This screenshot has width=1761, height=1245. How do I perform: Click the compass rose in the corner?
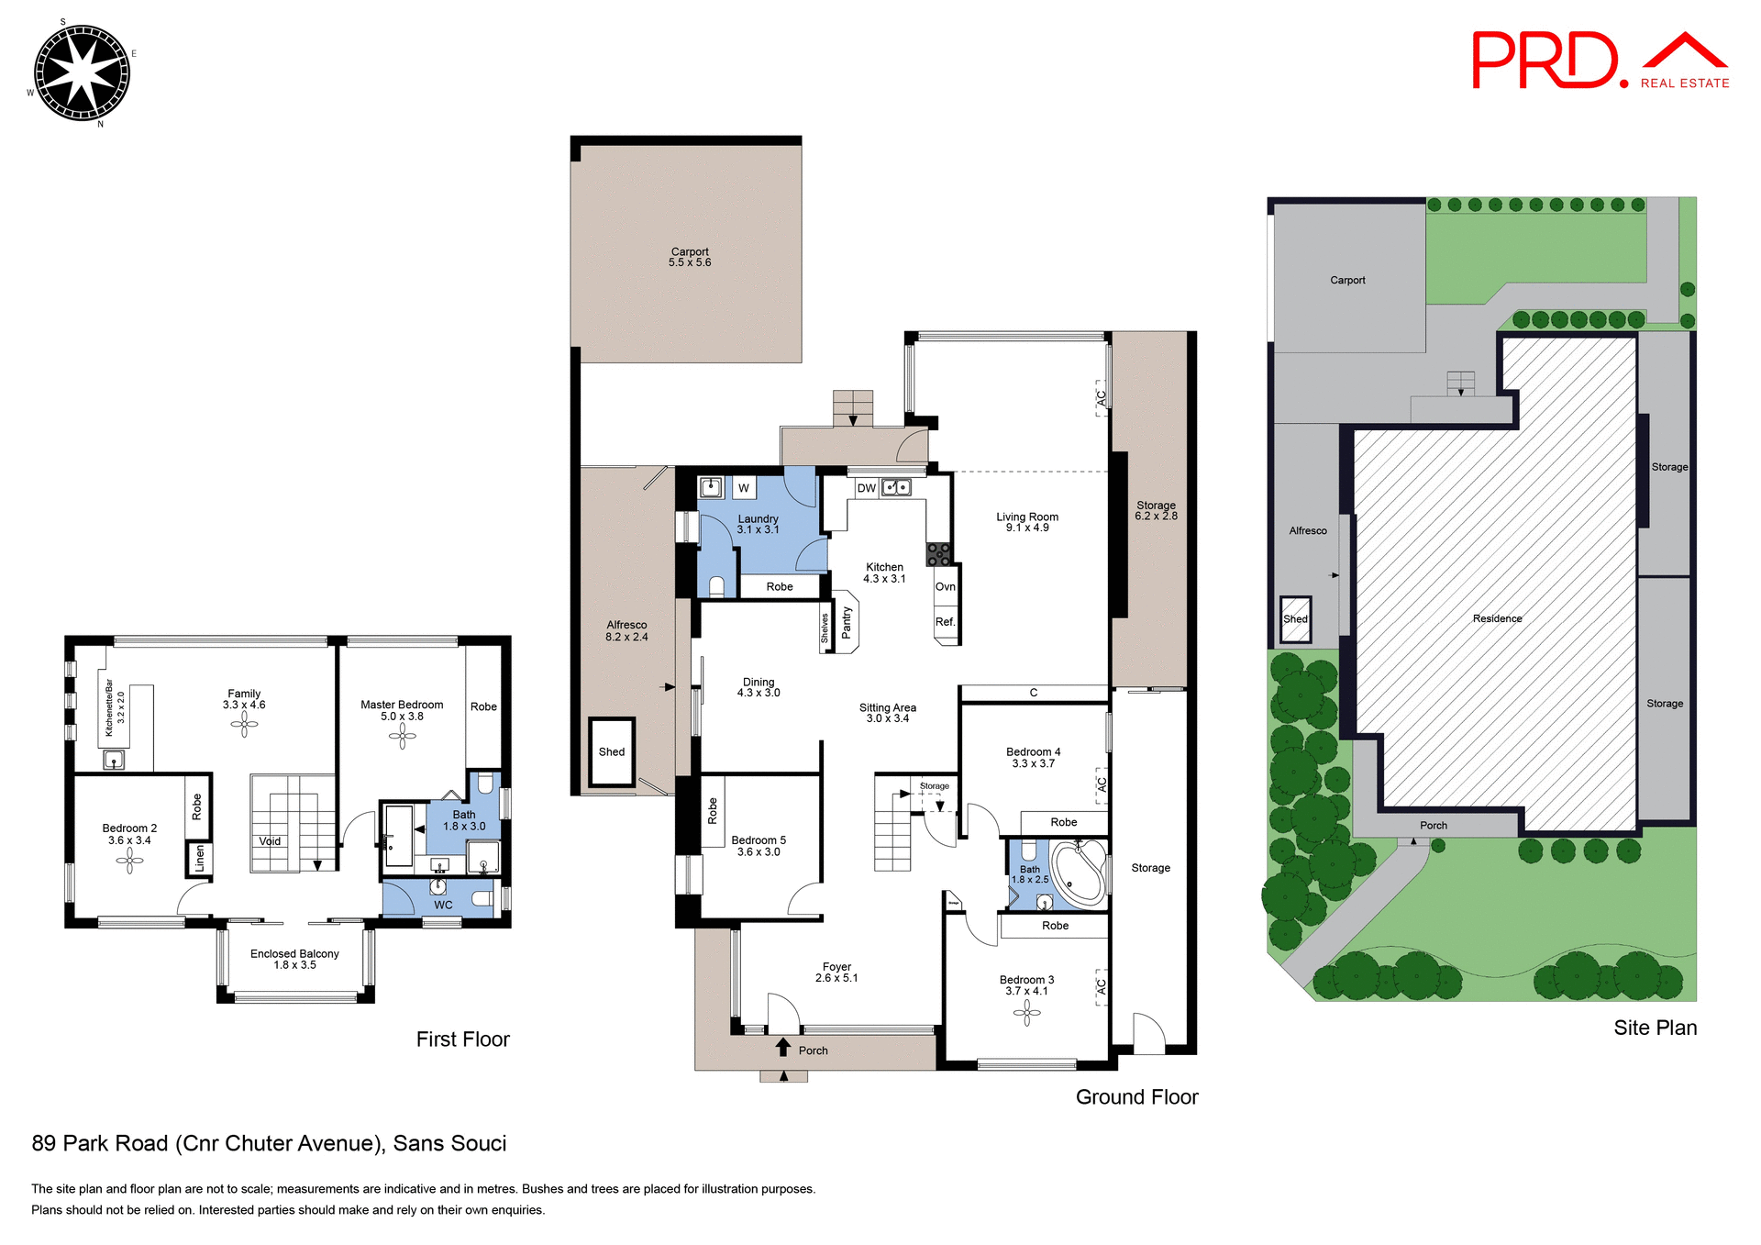click(x=82, y=72)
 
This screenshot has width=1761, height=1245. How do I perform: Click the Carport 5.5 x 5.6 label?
click(x=690, y=257)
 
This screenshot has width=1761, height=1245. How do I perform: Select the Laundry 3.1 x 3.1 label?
click(x=758, y=524)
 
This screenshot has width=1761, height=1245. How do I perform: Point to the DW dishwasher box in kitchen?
click(x=866, y=488)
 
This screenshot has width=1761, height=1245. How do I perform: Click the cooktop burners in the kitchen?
click(x=938, y=553)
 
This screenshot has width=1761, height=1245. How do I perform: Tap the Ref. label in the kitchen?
click(x=945, y=622)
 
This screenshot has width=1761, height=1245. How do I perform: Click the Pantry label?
click(x=847, y=623)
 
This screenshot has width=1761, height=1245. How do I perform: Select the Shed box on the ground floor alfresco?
click(x=612, y=751)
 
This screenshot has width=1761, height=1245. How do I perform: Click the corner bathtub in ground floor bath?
click(x=1080, y=872)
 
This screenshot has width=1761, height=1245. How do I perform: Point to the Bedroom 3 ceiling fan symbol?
click(x=1026, y=1013)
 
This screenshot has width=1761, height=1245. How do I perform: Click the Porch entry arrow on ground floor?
click(x=783, y=1048)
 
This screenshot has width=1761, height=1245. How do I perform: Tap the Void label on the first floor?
click(x=270, y=841)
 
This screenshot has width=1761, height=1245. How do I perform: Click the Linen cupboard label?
click(x=199, y=859)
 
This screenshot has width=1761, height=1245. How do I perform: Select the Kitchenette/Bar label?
click(x=109, y=708)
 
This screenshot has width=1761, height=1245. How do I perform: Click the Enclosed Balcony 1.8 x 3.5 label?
click(x=294, y=959)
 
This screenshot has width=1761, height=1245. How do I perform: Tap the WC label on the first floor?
click(x=443, y=905)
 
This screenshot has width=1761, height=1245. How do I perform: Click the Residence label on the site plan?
click(x=1497, y=618)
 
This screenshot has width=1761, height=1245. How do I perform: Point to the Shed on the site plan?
click(x=1295, y=619)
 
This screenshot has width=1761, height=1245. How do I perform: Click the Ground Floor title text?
click(x=1136, y=1097)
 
